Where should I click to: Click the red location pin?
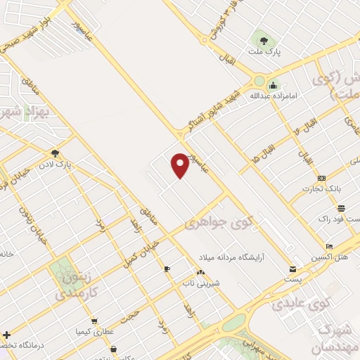[x=181, y=165]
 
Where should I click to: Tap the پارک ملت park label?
[x=264, y=52]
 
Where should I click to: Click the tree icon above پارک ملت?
[x=264, y=41]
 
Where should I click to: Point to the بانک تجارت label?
[x=321, y=188]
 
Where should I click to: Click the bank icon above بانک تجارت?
[x=322, y=178]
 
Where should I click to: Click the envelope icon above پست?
[x=292, y=269]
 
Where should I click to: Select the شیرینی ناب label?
[x=198, y=283]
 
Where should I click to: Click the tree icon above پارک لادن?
[x=55, y=153]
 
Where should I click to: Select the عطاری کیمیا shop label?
[x=100, y=330]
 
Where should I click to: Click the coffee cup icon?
[x=167, y=269]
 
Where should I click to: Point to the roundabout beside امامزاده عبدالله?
[x=259, y=81]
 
